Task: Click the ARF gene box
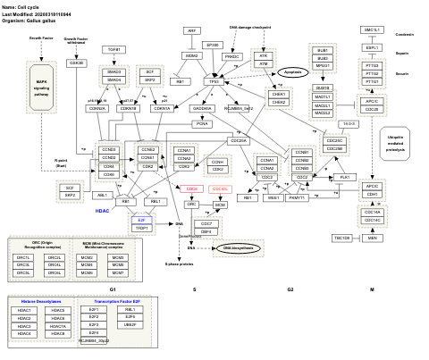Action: (x=191, y=31)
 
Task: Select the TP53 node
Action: (x=214, y=81)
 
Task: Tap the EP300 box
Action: (x=213, y=45)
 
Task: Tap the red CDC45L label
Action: (x=220, y=189)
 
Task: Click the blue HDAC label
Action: (x=103, y=212)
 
